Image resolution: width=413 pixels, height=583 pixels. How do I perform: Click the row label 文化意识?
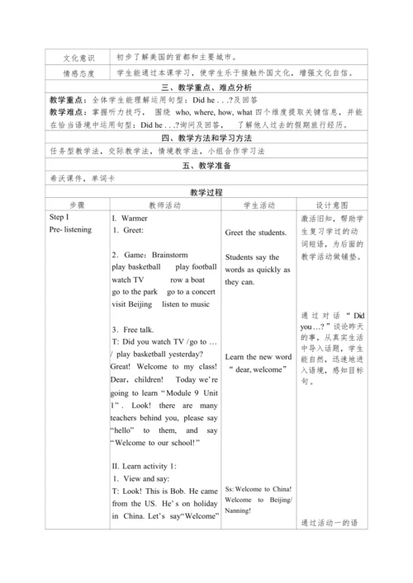pos(79,58)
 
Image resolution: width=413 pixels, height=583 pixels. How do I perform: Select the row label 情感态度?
pos(79,73)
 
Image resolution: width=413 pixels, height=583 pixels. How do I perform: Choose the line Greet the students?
pos(256,233)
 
